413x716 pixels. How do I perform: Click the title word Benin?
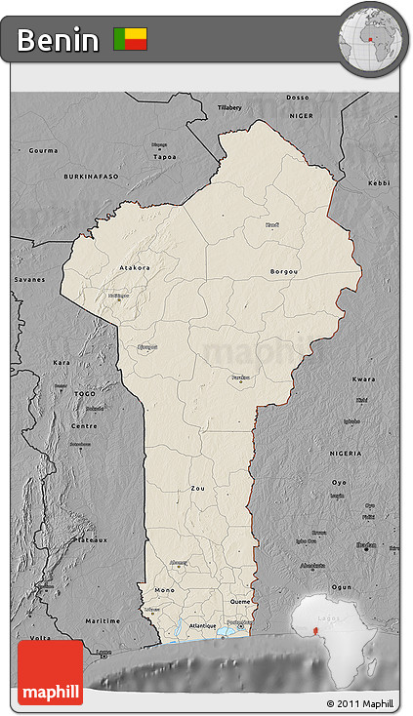point(58,40)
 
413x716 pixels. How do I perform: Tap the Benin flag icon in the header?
point(131,39)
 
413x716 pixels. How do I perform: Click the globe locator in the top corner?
point(372,39)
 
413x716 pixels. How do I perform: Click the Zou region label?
point(197,487)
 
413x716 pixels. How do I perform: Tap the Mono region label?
point(164,590)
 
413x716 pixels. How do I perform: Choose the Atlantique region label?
point(203,625)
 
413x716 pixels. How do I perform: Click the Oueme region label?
point(239,602)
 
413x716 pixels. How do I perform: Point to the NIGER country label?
point(299,114)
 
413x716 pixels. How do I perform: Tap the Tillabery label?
point(228,106)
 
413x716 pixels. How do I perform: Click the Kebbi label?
point(378,182)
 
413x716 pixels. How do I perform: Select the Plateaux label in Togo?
point(91,538)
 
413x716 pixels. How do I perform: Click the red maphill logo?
point(50,672)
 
